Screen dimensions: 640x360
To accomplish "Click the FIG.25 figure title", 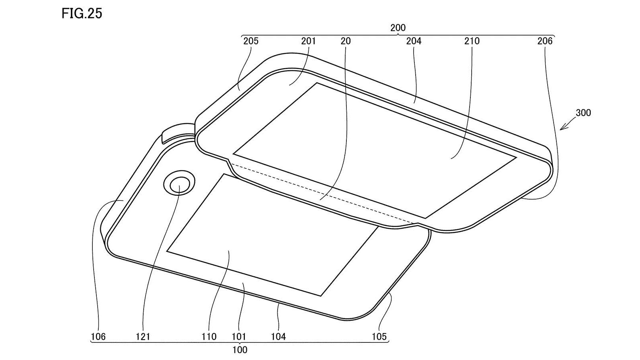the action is pos(82,14).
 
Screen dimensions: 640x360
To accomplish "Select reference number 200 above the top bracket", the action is pos(398,28).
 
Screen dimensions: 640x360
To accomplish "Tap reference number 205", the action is pos(250,41).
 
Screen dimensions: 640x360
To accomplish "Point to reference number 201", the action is pos(308,41).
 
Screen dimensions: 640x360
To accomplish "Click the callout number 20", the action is pos(346,41).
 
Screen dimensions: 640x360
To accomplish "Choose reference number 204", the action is pos(414,41).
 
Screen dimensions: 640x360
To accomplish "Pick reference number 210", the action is pos(472,41).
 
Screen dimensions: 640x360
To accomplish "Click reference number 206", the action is pos(545,41).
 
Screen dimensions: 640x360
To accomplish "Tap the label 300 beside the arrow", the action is pos(583,113).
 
